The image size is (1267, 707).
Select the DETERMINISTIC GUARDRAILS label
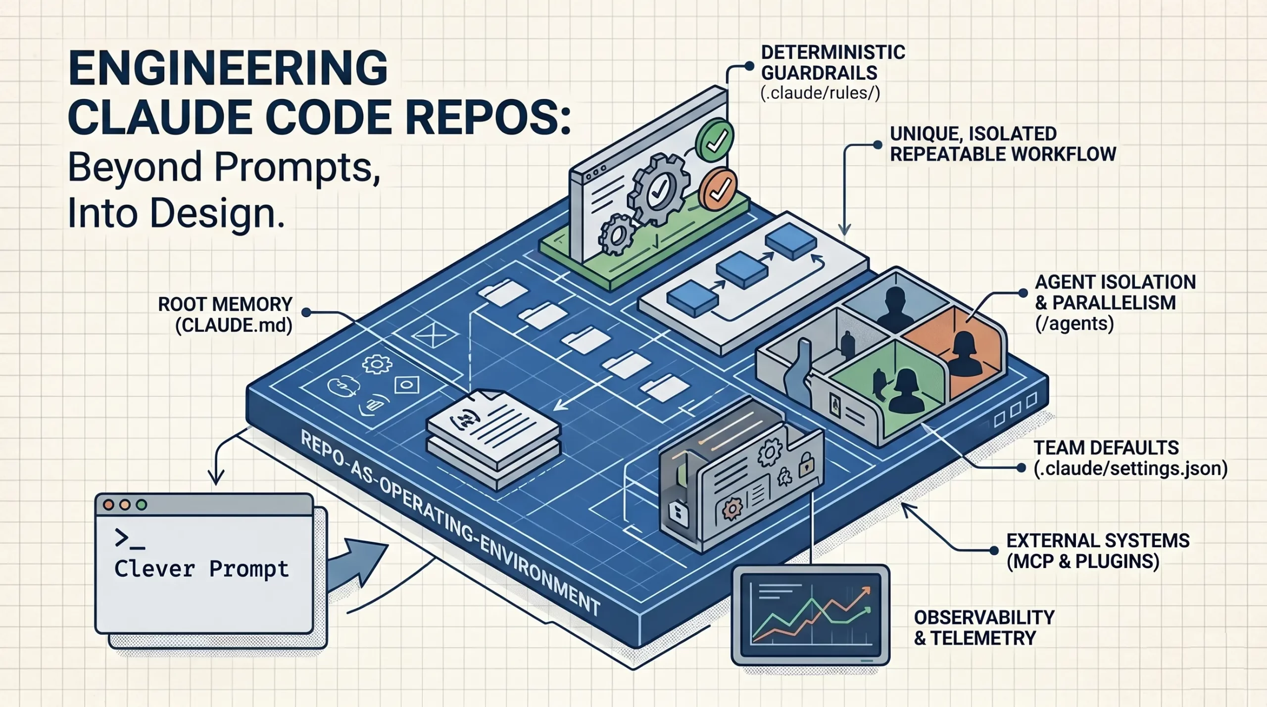832,62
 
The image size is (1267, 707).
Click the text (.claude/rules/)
820,93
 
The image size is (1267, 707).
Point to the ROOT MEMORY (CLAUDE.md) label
226,314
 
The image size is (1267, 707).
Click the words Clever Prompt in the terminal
201,568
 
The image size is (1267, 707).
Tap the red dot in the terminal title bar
108,505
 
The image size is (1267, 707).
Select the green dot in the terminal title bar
142,505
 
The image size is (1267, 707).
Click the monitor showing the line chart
810,614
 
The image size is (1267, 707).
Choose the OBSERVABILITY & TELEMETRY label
983,627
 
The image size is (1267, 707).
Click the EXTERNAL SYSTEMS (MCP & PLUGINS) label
1097,551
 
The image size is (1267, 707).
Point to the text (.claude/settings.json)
1130,469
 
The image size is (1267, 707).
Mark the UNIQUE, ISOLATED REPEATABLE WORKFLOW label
1002,144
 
